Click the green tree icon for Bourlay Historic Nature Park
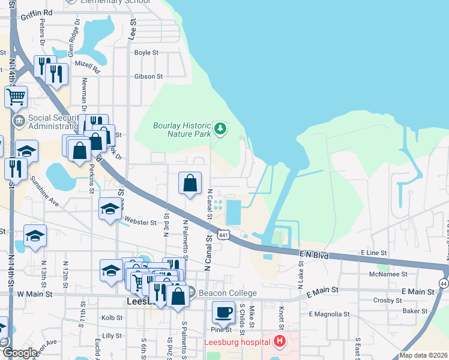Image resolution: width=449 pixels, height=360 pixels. (221, 128)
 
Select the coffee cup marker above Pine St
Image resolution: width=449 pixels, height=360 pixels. (223, 313)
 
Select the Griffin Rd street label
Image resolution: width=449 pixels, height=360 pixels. (36, 12)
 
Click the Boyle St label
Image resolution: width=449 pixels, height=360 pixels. (146, 53)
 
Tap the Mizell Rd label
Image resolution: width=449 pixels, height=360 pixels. (87, 63)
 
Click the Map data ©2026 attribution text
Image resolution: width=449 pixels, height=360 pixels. (423, 355)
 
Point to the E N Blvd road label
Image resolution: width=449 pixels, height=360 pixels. (314, 256)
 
